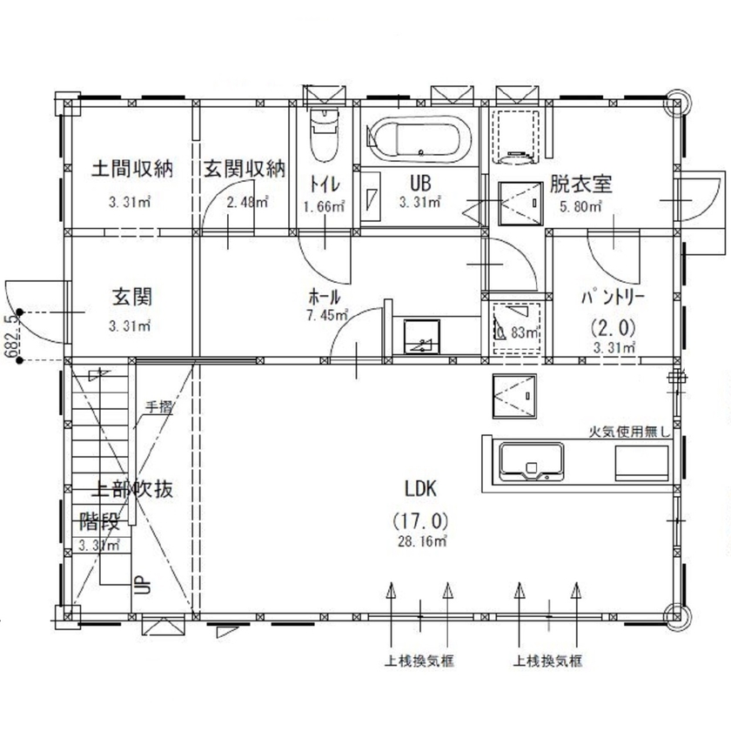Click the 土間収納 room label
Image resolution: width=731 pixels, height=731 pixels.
[x=132, y=169]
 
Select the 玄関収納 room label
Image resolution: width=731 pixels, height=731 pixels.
[x=245, y=169]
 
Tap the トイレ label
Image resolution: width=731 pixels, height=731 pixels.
[x=325, y=184]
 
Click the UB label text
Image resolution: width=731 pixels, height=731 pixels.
[x=421, y=184]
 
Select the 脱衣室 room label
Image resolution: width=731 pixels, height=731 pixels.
[x=580, y=184]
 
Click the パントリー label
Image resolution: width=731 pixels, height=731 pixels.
[x=614, y=298]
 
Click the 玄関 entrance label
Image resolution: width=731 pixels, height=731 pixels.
[x=131, y=297]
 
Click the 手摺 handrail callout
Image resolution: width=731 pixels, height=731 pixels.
[x=158, y=406]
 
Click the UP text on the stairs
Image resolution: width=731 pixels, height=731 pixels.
[x=137, y=584]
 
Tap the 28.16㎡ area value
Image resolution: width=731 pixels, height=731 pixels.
[x=424, y=541]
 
